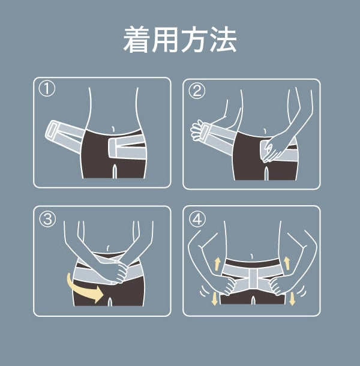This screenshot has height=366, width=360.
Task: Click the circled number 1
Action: [x=47, y=89]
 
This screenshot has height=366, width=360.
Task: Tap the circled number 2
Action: [x=197, y=91]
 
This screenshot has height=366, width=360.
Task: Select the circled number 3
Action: [x=47, y=219]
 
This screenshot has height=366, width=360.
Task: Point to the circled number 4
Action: [x=197, y=219]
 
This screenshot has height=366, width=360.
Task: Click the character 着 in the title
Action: [x=137, y=39]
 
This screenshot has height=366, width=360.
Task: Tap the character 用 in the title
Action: [x=165, y=39]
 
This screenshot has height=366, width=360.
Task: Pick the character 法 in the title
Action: [x=223, y=39]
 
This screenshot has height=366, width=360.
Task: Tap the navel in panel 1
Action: [x=113, y=130]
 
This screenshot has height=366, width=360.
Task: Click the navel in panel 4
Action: [x=251, y=256]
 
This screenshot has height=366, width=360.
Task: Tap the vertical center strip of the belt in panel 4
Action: [x=253, y=279]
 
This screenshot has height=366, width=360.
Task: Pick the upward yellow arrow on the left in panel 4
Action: [x=217, y=264]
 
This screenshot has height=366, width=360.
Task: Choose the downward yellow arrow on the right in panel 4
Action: [x=292, y=299]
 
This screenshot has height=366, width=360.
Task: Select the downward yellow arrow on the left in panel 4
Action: [x=214, y=299]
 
